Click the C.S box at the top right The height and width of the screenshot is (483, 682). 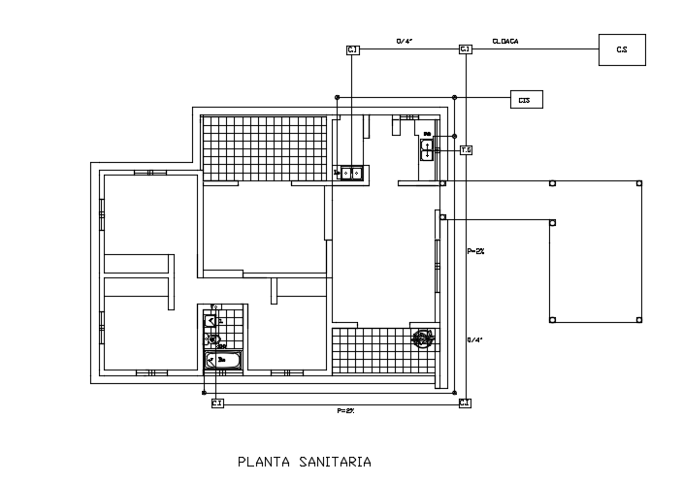coord(622,48)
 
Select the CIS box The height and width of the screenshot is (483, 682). coord(526,99)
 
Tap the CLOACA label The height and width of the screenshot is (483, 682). coord(505,42)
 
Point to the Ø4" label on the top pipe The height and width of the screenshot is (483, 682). coord(405,42)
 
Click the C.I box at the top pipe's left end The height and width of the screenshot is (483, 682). coord(353,48)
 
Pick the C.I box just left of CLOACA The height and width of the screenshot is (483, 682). coord(465,48)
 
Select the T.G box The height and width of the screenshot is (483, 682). coord(466,150)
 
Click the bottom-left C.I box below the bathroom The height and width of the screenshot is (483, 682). coord(217,402)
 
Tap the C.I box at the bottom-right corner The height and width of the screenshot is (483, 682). coord(465,402)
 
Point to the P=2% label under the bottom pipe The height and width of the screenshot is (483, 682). coord(346,411)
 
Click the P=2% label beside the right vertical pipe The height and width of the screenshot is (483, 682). coord(475,251)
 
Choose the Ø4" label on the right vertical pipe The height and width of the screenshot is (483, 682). coord(474,339)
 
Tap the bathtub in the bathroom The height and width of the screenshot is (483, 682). coord(222,360)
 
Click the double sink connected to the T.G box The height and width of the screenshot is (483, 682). coord(427,149)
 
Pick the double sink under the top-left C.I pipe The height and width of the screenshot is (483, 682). coord(350,174)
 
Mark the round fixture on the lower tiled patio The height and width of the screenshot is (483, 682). coord(422,338)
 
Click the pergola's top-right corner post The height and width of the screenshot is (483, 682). coord(638,182)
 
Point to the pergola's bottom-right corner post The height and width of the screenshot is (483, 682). coord(638,319)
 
